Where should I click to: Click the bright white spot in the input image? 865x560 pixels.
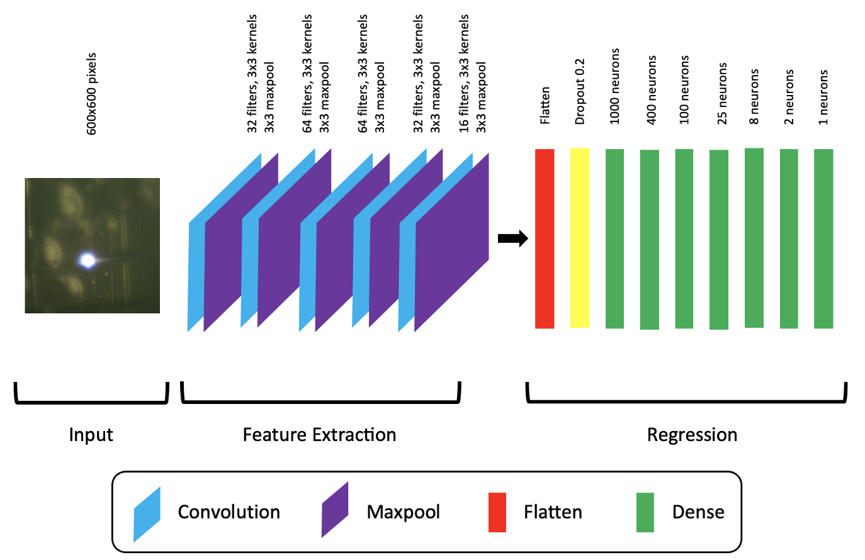click(88, 260)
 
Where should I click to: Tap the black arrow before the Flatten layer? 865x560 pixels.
click(512, 238)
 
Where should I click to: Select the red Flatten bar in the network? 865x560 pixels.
click(545, 238)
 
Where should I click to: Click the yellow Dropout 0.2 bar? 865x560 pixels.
click(580, 238)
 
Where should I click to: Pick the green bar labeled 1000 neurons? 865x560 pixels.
click(614, 238)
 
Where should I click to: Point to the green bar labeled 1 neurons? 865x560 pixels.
click(823, 238)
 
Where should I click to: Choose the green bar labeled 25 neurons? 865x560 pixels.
click(719, 239)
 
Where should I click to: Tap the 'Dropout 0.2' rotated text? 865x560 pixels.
click(580, 92)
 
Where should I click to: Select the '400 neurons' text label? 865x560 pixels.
click(652, 89)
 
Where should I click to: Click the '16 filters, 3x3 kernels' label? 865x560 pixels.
click(464, 73)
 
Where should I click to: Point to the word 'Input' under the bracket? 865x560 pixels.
click(91, 435)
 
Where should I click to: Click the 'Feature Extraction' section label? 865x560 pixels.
click(319, 435)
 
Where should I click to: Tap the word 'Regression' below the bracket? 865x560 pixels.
click(692, 435)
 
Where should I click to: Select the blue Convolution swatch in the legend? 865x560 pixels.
click(147, 514)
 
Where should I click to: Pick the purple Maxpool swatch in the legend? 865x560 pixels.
click(335, 510)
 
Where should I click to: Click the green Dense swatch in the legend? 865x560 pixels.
click(645, 512)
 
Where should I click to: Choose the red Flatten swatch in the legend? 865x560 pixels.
click(497, 512)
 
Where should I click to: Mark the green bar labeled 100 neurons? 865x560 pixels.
click(684, 238)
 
